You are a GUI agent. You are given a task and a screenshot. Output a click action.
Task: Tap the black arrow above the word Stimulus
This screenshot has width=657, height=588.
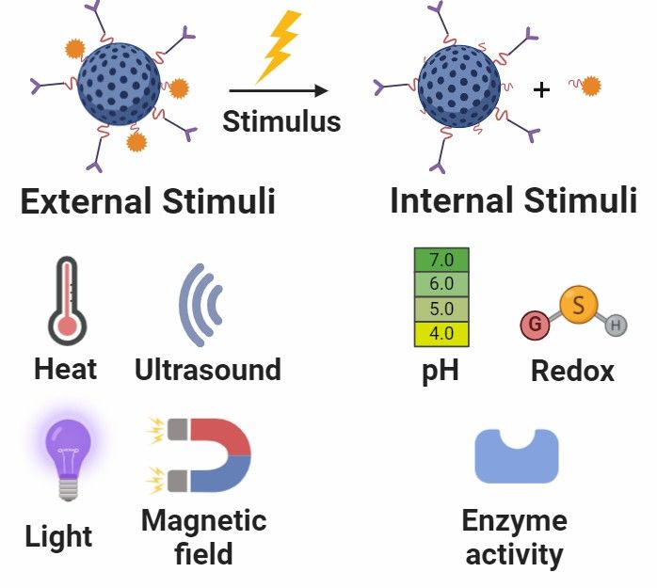click(x=279, y=91)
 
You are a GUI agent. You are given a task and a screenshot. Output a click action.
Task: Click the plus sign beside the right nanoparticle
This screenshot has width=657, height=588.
click(x=540, y=90)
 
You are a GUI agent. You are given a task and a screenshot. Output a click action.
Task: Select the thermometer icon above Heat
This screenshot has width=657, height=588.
click(x=67, y=303)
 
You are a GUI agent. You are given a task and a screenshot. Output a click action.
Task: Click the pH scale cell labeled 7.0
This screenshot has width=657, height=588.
click(x=441, y=260)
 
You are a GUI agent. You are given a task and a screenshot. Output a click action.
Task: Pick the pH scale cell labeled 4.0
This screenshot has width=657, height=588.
click(x=441, y=333)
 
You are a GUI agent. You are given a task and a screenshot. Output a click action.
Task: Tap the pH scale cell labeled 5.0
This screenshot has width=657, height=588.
click(x=441, y=309)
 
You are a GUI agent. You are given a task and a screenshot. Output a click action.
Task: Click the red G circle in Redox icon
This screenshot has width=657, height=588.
click(x=535, y=326)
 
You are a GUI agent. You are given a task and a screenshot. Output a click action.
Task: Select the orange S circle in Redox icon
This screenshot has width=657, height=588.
click(x=579, y=305)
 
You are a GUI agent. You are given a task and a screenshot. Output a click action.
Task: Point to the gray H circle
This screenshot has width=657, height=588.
click(x=616, y=326)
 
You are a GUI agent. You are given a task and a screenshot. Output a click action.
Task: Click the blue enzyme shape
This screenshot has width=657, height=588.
click(x=516, y=456)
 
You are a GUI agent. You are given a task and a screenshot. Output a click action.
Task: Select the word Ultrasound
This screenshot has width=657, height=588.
click(x=207, y=370)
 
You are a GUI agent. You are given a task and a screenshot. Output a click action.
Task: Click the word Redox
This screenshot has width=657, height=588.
click(x=572, y=371)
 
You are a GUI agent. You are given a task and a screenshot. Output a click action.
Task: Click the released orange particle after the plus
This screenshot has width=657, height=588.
click(x=589, y=87)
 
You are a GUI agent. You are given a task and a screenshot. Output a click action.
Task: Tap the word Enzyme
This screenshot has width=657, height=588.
click(x=515, y=521)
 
